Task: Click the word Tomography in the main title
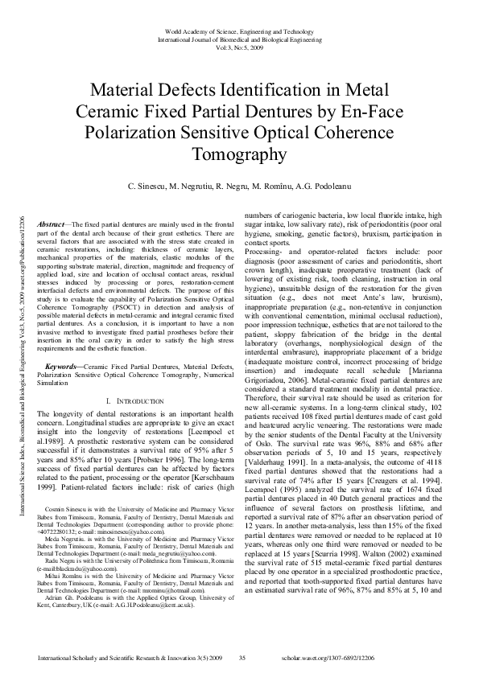click(239, 154)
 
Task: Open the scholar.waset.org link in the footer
click(385, 658)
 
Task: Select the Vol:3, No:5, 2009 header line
click(239, 46)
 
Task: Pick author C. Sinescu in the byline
click(152, 187)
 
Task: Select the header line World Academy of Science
click(239, 30)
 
